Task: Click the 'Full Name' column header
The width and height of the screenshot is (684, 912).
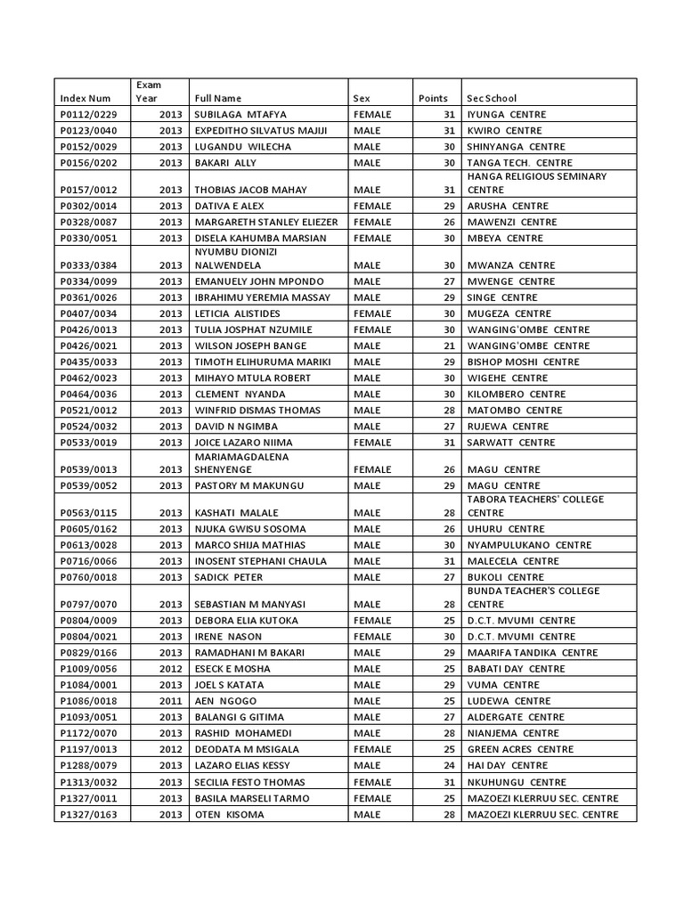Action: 217,98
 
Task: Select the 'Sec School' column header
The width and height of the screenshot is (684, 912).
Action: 492,98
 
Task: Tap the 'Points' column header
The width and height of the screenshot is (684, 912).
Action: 433,98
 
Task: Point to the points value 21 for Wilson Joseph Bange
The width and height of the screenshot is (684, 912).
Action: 449,346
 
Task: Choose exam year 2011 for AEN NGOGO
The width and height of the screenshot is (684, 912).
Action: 171,701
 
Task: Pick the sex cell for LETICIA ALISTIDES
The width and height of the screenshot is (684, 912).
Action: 373,313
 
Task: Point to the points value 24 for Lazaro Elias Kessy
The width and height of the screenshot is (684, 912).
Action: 449,765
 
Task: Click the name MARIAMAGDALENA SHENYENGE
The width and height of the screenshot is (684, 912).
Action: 237,462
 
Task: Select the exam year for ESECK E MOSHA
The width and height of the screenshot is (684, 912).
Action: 171,668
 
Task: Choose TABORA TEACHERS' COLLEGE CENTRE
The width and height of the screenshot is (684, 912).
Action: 535,506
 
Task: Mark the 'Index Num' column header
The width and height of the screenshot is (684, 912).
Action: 85,98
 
